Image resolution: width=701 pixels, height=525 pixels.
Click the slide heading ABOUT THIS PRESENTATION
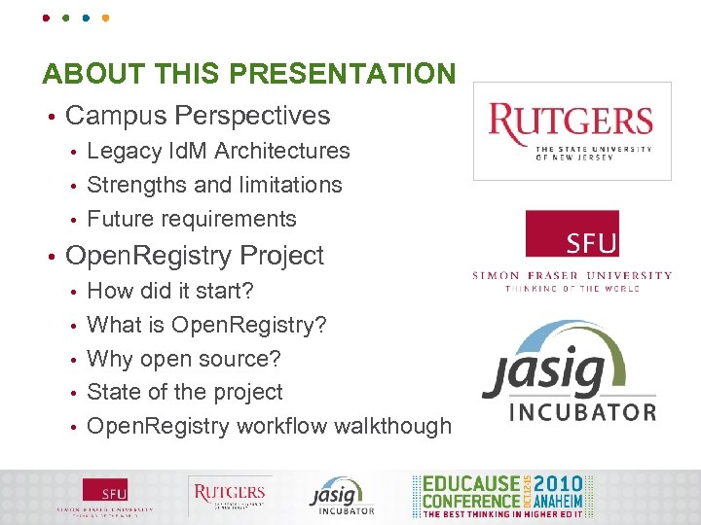248,74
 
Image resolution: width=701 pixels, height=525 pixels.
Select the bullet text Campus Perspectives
198,116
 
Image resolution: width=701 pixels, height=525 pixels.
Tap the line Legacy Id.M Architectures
218,151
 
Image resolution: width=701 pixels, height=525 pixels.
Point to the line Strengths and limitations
214,185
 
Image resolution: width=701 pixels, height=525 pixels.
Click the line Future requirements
192,219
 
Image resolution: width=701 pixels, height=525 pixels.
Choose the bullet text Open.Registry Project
194,256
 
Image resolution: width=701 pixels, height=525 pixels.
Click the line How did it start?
170,291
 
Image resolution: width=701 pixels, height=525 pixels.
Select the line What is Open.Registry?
206,325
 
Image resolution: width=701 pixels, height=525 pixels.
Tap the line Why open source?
184,359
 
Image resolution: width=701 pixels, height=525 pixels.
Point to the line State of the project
185,393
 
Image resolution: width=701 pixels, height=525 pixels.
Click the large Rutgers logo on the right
572,131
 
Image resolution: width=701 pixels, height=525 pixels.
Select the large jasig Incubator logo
570,372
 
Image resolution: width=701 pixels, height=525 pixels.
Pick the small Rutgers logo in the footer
228,497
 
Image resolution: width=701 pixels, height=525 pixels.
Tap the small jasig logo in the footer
341,497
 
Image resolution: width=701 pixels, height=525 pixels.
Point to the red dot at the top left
46,17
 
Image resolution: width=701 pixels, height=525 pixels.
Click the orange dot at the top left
105,17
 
